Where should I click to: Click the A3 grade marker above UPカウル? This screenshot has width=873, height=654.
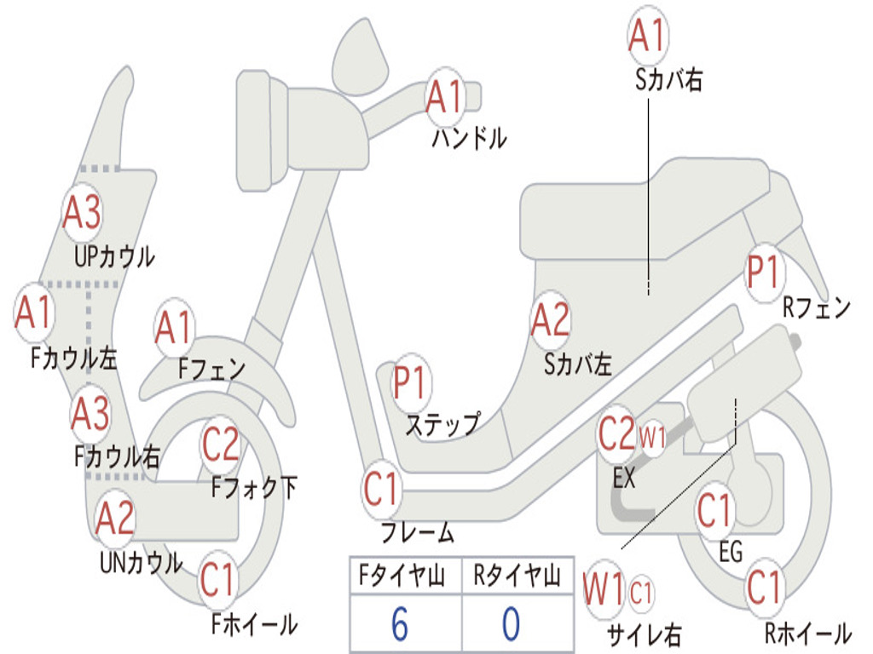tap(83, 213)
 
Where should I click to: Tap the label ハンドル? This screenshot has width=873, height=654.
tap(468, 137)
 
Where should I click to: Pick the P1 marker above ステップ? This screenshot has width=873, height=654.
tap(412, 383)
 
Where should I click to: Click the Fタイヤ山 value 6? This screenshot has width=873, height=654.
tap(400, 624)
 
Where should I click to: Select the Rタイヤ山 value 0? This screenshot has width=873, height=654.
tap(511, 624)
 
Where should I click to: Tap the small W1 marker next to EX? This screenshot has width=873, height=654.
tap(652, 439)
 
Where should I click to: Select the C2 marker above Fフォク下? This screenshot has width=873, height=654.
tap(221, 443)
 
